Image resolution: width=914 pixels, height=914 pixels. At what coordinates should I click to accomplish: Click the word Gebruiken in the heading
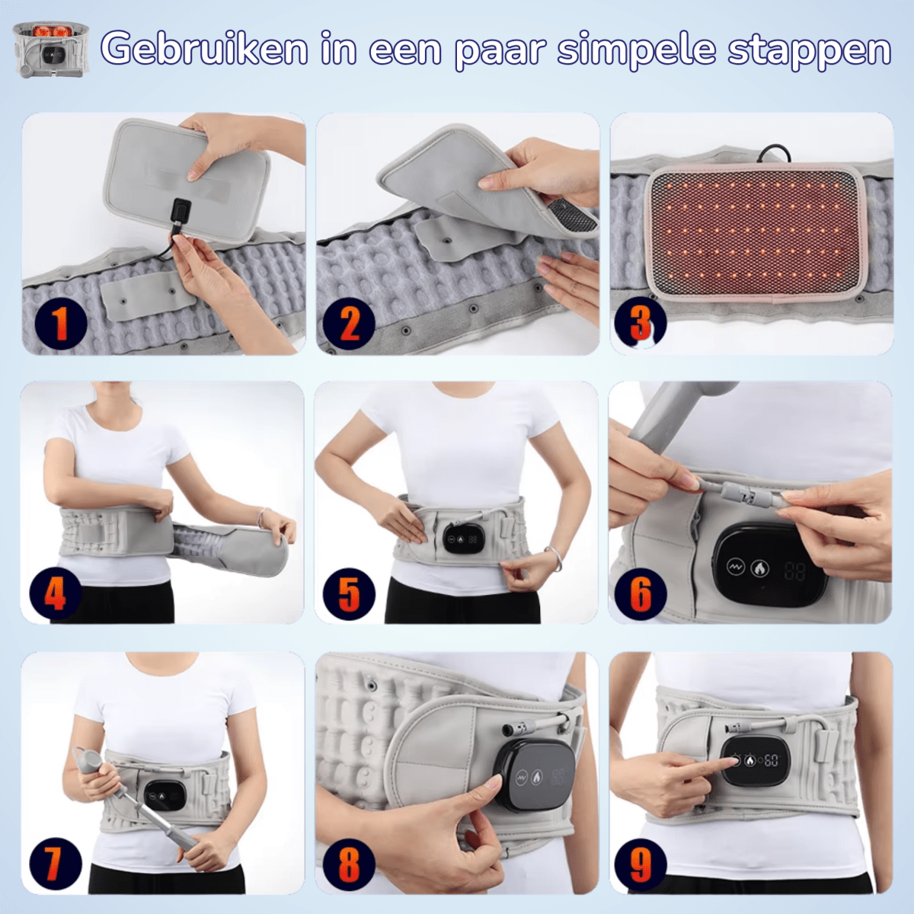(x=204, y=49)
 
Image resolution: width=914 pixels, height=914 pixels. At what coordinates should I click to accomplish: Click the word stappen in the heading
(x=810, y=51)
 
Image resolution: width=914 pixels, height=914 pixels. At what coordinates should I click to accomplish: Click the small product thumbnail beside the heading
(x=51, y=50)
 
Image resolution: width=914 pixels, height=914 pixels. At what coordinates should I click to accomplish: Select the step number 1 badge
(x=61, y=324)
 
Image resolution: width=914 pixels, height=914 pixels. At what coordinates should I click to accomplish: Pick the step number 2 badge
(x=349, y=324)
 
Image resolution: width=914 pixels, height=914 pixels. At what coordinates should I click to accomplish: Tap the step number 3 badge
(x=641, y=323)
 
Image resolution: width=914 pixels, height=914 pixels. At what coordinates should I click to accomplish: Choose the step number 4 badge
(x=56, y=593)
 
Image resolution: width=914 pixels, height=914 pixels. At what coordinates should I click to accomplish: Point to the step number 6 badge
(x=641, y=593)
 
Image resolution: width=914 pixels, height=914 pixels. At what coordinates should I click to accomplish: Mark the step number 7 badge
(x=56, y=864)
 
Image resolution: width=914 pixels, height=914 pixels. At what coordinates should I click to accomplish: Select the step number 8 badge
(x=349, y=864)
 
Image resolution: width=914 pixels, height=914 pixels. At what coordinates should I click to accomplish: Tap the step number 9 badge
(x=641, y=864)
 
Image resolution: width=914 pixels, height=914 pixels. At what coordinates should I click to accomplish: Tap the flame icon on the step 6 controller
(x=760, y=567)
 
